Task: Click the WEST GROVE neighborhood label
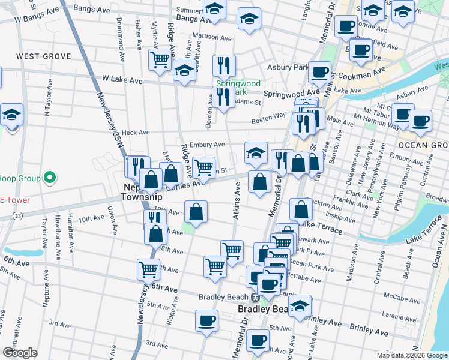click(44, 56)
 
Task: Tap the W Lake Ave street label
click(122, 79)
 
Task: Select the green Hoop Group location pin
click(50, 178)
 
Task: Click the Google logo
click(20, 352)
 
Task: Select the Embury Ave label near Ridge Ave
click(206, 145)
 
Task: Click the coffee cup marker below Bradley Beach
click(259, 339)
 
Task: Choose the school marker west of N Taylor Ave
click(11, 113)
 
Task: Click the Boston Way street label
click(268, 119)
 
